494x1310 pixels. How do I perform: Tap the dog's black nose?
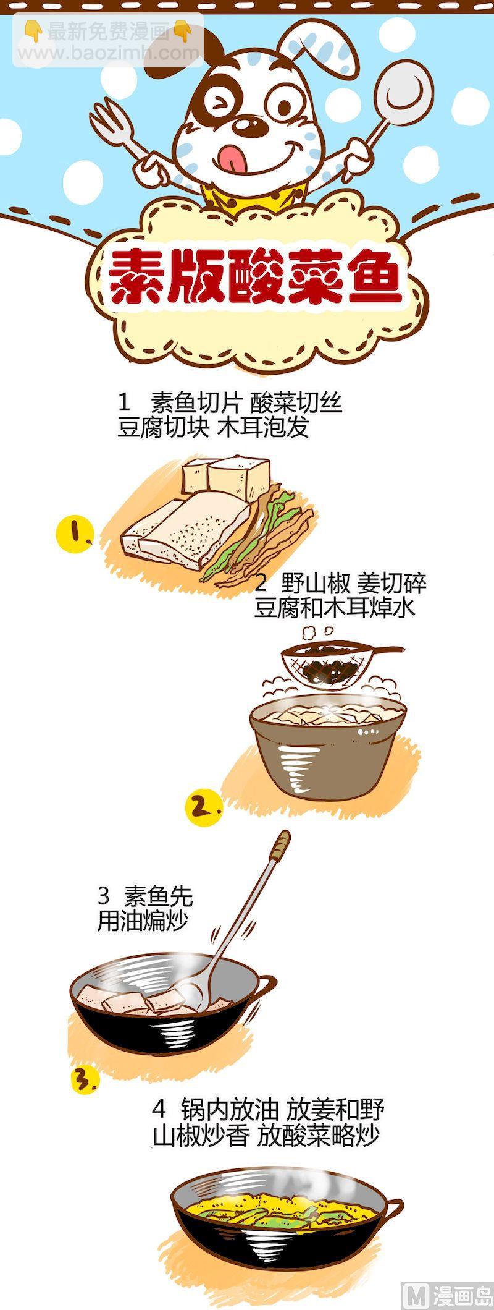pos(249,125)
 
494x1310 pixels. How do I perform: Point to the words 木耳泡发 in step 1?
pos(262,428)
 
